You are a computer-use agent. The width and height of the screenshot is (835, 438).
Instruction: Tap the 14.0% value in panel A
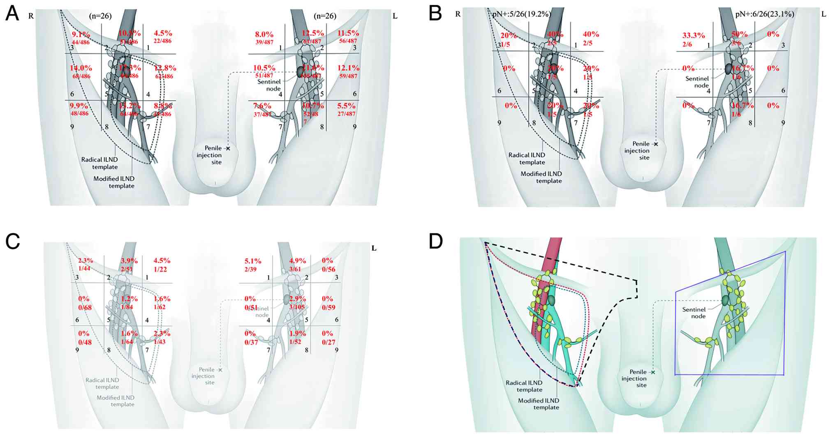(81, 68)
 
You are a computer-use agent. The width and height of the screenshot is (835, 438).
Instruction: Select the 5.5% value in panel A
(346, 106)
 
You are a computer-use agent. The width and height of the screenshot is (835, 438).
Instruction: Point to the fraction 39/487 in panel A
(264, 42)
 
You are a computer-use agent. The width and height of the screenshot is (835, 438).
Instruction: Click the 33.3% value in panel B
(694, 36)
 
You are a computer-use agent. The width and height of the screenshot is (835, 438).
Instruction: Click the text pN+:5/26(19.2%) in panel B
(521, 14)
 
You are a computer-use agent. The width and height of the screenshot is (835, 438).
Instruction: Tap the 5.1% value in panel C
(253, 261)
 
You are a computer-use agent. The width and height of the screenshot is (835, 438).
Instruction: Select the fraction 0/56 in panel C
(328, 270)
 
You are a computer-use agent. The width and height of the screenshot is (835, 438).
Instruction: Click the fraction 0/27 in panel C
(329, 342)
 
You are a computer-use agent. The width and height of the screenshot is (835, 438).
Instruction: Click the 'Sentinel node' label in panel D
(694, 313)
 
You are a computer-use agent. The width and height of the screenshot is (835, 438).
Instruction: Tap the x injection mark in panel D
(653, 372)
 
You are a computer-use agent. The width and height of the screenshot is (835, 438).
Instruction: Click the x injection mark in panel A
(228, 148)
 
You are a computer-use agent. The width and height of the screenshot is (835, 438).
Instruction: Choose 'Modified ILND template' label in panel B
(541, 177)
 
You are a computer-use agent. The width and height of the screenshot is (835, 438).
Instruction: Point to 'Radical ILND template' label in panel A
(99, 163)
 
